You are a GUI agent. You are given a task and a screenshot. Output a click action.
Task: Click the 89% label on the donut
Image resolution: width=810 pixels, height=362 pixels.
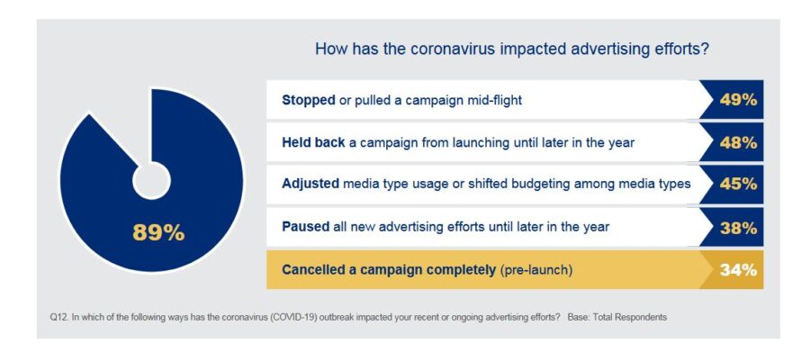(x=158, y=233)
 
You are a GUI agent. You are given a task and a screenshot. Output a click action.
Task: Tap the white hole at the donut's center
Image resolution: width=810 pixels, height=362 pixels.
(x=151, y=180)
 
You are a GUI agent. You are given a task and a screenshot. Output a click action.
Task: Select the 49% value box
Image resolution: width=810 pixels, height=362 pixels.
(x=732, y=99)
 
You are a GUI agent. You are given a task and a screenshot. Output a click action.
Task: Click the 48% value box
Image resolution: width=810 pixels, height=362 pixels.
(x=732, y=142)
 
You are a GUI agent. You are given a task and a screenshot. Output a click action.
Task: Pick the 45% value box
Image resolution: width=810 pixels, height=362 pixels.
(x=732, y=185)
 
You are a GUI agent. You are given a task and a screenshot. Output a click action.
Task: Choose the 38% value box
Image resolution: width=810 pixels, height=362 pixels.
(x=732, y=228)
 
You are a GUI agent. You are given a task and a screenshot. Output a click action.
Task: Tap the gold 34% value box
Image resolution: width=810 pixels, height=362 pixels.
(x=732, y=270)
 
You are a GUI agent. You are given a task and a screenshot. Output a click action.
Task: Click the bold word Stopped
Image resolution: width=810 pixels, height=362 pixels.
(x=309, y=100)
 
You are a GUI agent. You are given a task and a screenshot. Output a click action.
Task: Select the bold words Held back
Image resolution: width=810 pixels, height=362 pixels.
(x=313, y=143)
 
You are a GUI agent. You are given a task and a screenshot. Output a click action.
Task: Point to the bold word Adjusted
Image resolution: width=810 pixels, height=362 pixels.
(x=310, y=185)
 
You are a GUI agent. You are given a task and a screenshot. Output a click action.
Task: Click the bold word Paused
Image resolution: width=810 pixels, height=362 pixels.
(x=306, y=227)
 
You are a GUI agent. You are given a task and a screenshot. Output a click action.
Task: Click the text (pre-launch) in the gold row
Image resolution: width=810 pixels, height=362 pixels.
(x=536, y=270)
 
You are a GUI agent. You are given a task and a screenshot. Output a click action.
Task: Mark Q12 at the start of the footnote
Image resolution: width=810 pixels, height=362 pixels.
(x=58, y=318)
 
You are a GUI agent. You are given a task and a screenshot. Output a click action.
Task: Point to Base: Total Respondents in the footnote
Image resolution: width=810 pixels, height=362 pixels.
(x=616, y=318)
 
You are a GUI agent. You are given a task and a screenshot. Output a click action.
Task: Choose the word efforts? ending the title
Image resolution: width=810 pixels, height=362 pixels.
(x=682, y=50)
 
